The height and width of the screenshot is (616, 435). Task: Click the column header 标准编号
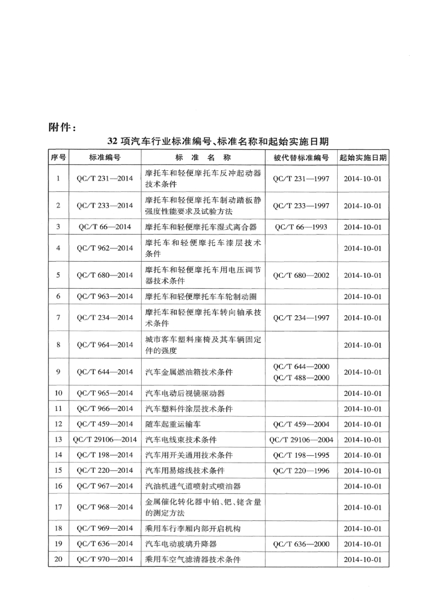(x=105, y=158)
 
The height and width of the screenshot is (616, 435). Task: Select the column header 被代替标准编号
(x=300, y=158)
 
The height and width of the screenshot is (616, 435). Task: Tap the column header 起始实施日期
(x=362, y=158)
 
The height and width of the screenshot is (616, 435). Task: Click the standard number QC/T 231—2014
(x=105, y=179)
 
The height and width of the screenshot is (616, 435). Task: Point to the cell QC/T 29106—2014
(x=105, y=440)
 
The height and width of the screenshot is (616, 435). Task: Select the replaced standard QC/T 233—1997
(x=300, y=206)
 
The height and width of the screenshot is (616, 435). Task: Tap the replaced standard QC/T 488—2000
(x=300, y=377)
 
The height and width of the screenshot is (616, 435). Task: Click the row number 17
(x=58, y=507)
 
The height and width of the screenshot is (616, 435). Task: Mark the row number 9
(x=58, y=372)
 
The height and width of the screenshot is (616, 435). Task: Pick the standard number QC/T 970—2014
(x=105, y=559)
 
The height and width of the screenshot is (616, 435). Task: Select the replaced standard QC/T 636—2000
(x=300, y=544)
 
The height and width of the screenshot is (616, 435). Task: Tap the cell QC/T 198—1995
(x=300, y=455)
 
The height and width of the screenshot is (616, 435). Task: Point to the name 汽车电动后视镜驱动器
(x=185, y=394)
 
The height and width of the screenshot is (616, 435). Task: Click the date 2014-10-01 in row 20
(x=362, y=559)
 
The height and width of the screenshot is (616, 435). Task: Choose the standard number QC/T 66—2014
(x=105, y=227)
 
